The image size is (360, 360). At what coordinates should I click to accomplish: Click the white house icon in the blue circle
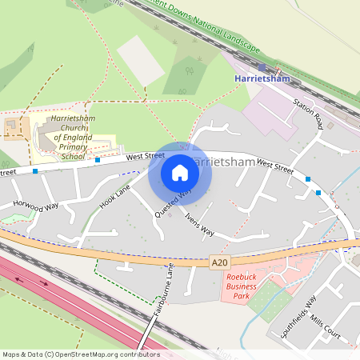180,173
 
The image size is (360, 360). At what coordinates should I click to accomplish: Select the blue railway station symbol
262,67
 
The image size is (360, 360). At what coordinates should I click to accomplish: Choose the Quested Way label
174,203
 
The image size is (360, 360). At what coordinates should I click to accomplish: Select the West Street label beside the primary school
144,155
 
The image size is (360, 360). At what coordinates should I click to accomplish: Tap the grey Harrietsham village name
226,162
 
